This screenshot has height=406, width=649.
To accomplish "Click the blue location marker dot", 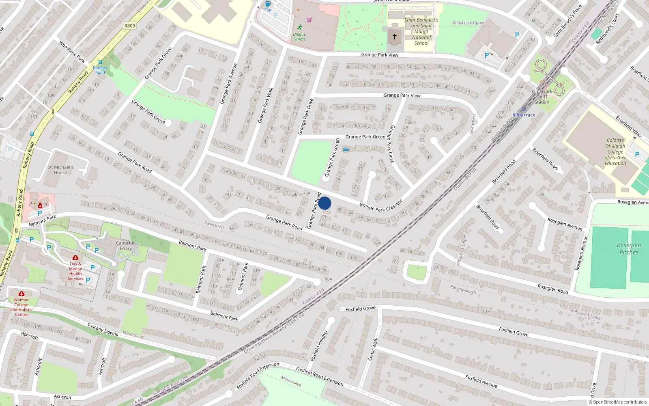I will pos(324,203).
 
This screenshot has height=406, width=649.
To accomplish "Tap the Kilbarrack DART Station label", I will pos(542,97).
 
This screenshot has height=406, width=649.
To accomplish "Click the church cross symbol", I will pos(394,37).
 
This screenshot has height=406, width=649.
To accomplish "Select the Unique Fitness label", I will pos(299,37).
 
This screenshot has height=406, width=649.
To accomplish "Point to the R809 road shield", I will pos(129,26).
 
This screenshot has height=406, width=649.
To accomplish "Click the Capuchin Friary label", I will pos(126,246).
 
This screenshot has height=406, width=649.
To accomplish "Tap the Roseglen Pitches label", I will pos(629,248).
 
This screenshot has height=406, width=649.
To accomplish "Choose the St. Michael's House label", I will pos(60,170).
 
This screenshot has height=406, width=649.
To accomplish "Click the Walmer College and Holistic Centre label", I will pos(21,307).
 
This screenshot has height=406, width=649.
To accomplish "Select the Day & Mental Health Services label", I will pos(75,271).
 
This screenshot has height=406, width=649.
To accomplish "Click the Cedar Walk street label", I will pos(373,348).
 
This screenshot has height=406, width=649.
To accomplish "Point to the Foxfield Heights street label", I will pos(319,346).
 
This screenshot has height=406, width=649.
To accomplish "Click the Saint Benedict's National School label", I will pos(421,31).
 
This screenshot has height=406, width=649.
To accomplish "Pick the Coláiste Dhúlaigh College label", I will pos(615,152).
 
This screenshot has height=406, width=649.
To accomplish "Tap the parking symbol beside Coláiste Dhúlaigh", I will pos(637,154).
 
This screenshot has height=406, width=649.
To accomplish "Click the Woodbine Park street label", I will pos(72,52).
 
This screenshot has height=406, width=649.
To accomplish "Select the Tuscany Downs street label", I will pos(103,329).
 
